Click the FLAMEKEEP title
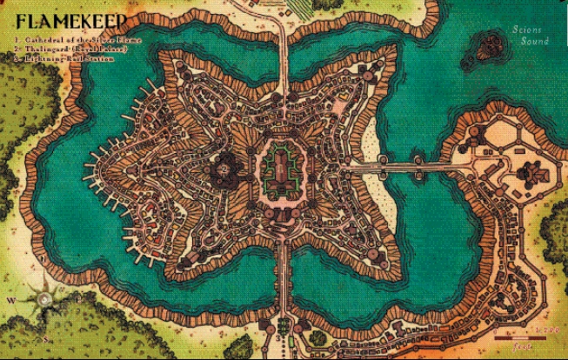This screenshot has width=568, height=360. click(x=70, y=20)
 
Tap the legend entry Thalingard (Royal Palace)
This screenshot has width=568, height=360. click(x=78, y=49)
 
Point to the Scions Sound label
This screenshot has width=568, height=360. click(x=530, y=36)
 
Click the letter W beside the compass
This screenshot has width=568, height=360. click(x=10, y=301)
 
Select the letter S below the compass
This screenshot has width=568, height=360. click(x=40, y=333)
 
